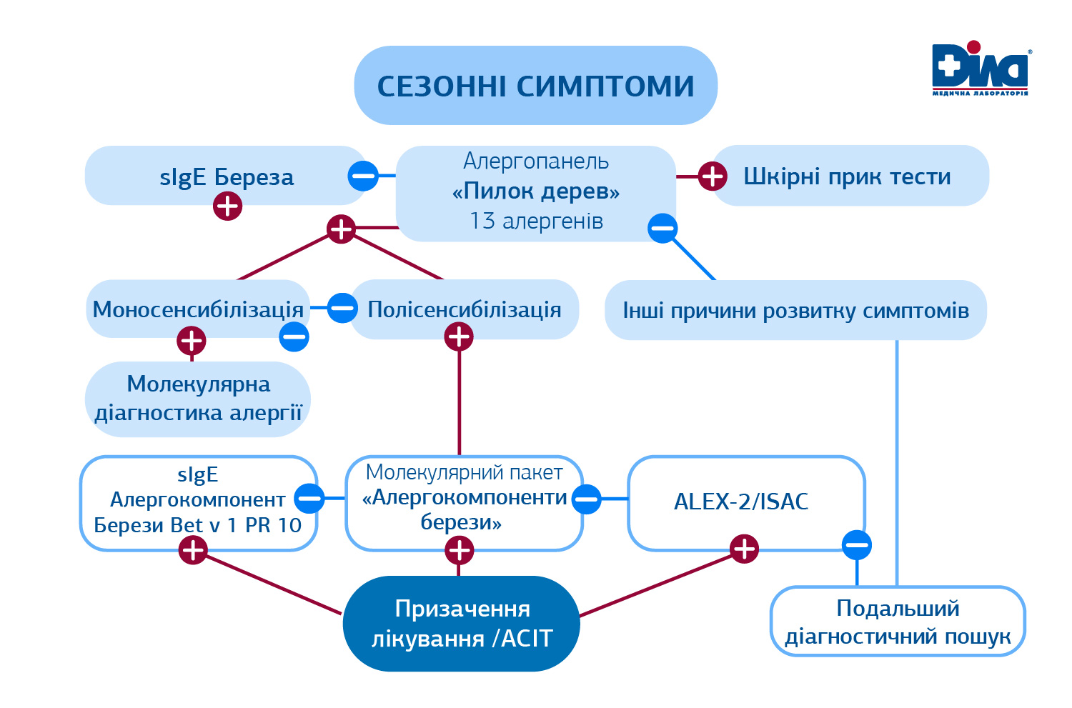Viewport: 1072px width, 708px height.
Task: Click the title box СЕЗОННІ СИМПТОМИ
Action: [x=535, y=86]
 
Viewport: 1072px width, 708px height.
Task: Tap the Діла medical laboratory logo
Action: [x=980, y=69]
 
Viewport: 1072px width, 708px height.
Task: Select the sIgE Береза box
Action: [x=226, y=176]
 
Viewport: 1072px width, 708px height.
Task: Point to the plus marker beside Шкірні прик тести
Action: [x=712, y=176]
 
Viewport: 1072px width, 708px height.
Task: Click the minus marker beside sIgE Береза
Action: [x=363, y=176]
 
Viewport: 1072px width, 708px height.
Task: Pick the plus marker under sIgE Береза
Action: [x=228, y=206]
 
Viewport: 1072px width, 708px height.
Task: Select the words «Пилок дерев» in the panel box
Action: [x=536, y=191]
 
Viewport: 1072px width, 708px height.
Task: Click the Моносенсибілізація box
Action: [x=198, y=309]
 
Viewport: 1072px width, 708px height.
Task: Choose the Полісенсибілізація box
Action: [x=465, y=309]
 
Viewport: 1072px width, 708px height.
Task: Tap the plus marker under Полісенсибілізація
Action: [x=459, y=336]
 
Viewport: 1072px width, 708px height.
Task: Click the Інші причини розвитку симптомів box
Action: [x=795, y=311]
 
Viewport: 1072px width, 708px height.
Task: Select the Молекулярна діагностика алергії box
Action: [x=198, y=399]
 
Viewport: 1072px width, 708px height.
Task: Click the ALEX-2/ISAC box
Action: [x=741, y=502]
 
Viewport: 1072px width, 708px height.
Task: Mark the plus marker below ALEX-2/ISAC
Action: [x=745, y=549]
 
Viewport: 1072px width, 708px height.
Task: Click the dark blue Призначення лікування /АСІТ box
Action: [x=462, y=624]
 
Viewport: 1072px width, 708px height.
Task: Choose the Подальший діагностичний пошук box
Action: [x=898, y=622]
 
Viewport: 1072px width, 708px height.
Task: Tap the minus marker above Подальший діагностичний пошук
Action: [x=857, y=546]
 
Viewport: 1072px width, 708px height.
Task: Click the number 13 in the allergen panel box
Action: [x=482, y=221]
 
